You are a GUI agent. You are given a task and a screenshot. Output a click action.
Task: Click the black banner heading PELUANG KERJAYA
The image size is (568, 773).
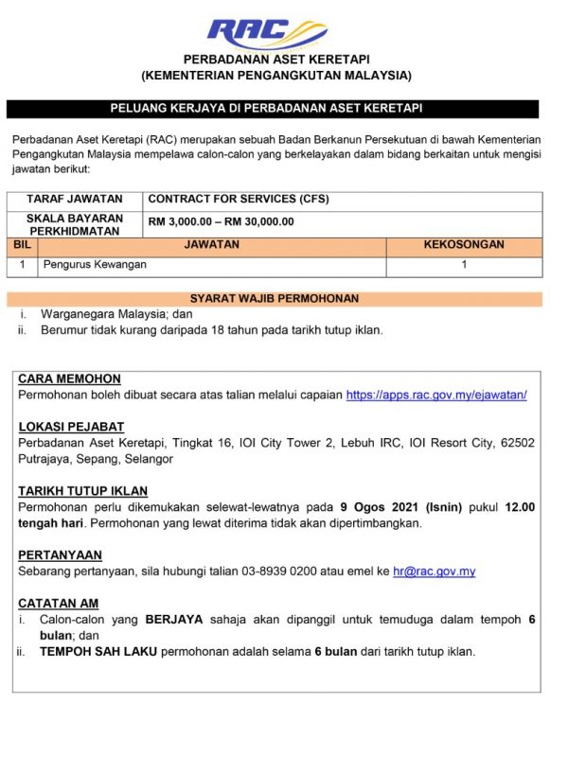click(x=273, y=109)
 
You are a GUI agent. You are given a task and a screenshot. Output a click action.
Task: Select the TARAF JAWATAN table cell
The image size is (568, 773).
click(x=75, y=200)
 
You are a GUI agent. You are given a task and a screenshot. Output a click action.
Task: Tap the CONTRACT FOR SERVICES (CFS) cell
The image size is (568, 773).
click(x=239, y=200)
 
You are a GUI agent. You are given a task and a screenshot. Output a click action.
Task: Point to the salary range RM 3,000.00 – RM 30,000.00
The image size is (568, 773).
click(x=222, y=222)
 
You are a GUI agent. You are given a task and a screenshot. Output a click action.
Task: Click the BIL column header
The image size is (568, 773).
click(x=23, y=245)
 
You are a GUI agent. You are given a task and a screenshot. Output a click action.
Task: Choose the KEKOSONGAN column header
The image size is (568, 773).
click(x=464, y=245)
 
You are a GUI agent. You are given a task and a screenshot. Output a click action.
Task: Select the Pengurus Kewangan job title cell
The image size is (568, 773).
click(x=96, y=266)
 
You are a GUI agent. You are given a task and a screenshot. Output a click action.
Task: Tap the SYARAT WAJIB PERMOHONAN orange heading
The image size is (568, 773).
click(x=275, y=299)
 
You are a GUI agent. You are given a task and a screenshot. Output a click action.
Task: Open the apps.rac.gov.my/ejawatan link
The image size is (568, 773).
click(x=436, y=395)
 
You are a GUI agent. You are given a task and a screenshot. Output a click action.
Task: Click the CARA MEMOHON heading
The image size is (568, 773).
click(x=69, y=378)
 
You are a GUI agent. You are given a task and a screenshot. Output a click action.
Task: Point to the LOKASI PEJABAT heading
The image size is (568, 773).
click(x=71, y=427)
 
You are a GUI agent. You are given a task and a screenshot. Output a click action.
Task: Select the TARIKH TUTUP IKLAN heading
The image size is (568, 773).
click(x=83, y=491)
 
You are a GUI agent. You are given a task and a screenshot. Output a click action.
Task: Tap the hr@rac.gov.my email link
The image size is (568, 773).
click(x=434, y=571)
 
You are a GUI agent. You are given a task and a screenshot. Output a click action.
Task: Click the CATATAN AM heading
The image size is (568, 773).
click(x=59, y=604)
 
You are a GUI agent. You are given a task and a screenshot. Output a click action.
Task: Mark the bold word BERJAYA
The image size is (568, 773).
click(x=174, y=620)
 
